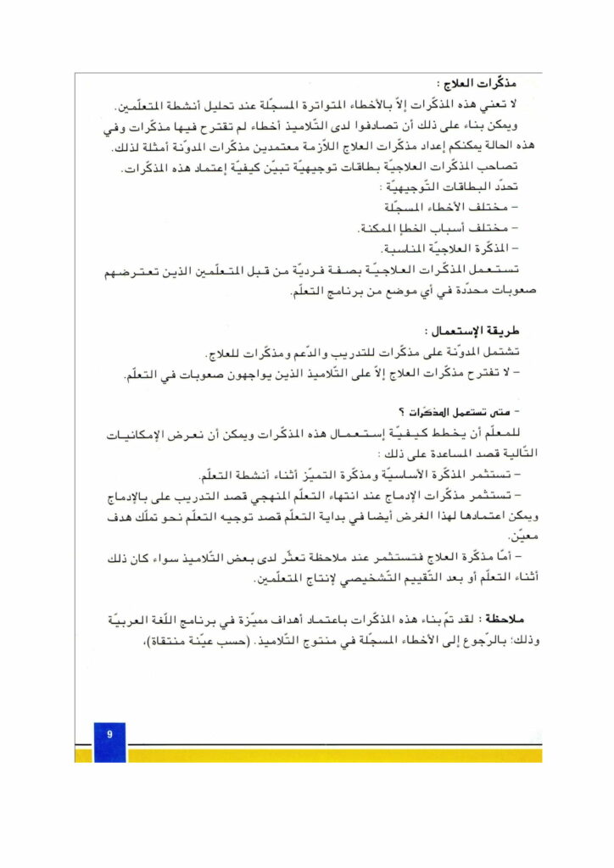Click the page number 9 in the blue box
pyautogui.click(x=109, y=734)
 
